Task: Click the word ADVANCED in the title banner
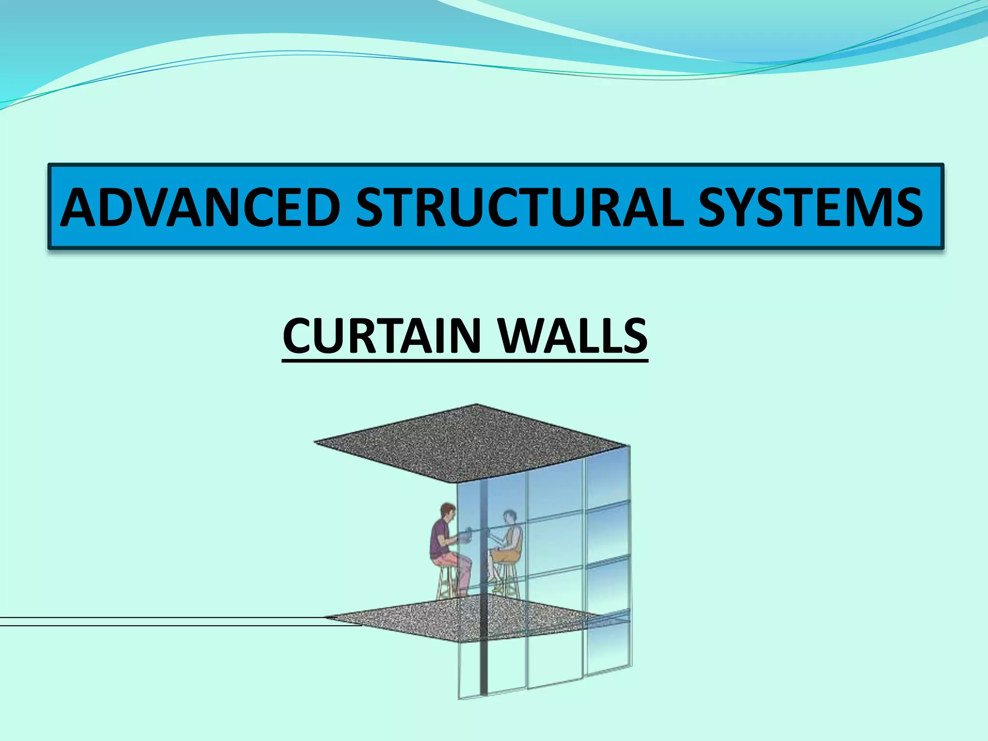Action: (x=200, y=207)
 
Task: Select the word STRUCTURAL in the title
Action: (x=519, y=207)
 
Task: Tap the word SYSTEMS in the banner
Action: (x=810, y=207)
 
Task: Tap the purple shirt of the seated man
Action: (x=440, y=538)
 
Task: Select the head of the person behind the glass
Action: (x=509, y=518)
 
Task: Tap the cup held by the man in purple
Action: (x=466, y=537)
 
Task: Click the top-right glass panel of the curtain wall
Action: (x=607, y=478)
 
